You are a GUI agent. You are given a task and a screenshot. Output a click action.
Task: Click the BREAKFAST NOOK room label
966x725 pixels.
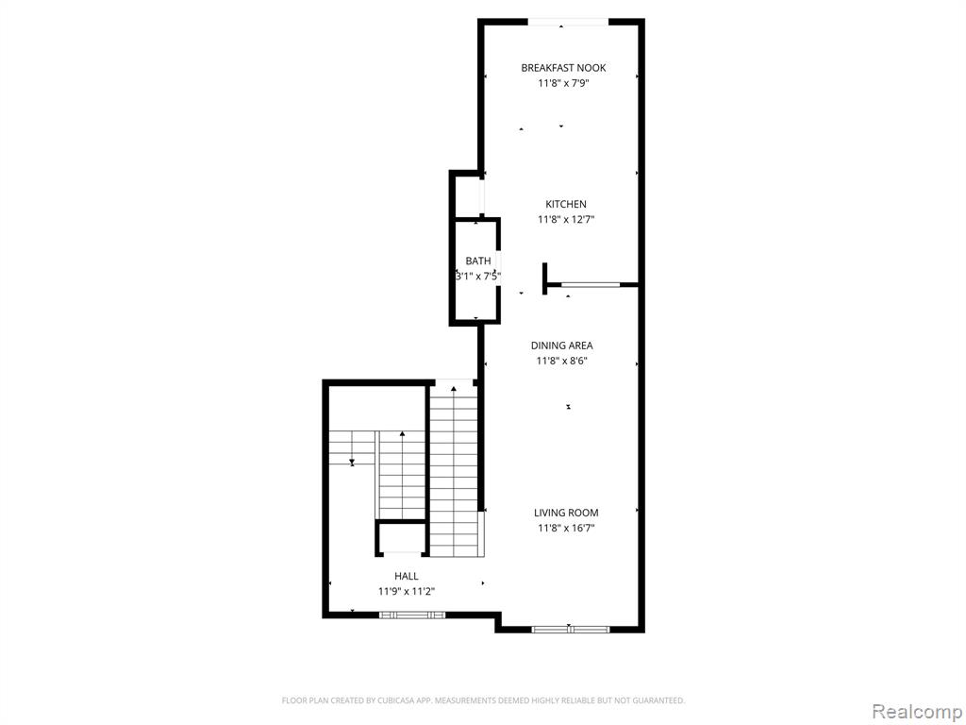click(563, 68)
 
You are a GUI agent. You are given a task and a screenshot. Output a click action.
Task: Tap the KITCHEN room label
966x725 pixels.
click(566, 204)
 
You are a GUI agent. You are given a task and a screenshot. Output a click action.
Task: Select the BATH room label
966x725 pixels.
click(478, 261)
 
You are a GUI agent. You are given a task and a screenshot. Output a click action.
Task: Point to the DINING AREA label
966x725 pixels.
click(562, 346)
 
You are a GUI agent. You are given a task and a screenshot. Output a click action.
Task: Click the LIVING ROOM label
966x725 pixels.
click(566, 513)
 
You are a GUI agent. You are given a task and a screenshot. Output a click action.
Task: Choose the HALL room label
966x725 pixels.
click(407, 577)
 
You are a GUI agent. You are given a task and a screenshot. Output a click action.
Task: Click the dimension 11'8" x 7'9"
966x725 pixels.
click(563, 83)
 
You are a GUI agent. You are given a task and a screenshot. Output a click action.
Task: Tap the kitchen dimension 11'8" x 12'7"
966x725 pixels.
click(566, 219)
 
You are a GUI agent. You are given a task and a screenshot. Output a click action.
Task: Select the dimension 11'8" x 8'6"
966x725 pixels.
click(562, 362)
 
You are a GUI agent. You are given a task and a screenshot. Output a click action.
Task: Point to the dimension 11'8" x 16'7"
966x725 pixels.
click(566, 528)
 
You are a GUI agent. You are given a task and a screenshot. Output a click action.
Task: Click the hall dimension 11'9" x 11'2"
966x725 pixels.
click(407, 592)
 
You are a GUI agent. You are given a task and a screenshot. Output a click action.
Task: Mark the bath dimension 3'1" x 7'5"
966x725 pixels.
click(478, 277)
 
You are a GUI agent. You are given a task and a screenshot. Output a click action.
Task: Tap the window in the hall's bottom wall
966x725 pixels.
click(411, 615)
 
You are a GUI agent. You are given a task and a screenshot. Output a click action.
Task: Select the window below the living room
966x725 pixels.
click(570, 630)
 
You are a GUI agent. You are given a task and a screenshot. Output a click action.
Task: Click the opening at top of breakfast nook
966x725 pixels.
click(568, 23)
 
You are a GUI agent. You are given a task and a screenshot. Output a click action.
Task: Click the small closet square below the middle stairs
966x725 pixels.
click(402, 537)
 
